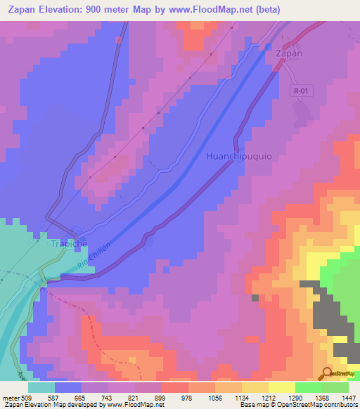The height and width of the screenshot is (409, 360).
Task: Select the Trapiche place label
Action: point(68,243)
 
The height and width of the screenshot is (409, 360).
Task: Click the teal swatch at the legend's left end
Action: point(41,387)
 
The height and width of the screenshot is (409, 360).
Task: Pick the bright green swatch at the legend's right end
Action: point(335,387)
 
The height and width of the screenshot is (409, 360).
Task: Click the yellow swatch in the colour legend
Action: point(281,387)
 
